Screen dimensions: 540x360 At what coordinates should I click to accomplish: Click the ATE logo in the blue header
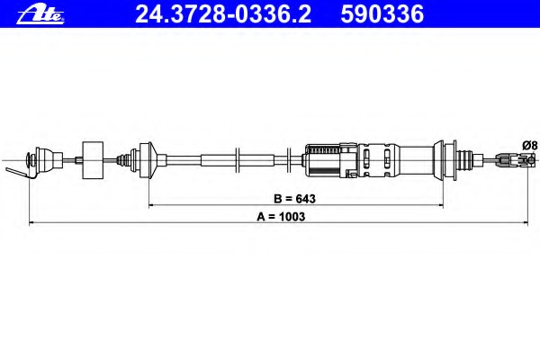click(x=40, y=15)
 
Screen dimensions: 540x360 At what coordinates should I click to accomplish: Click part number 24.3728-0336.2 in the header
click(x=223, y=14)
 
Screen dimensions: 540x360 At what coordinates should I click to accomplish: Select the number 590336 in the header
click(x=382, y=14)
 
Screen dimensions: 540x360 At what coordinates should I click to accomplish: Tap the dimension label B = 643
click(x=294, y=199)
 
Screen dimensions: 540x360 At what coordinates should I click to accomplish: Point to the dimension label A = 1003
click(x=281, y=217)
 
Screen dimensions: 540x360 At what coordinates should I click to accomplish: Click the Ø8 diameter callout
click(x=530, y=145)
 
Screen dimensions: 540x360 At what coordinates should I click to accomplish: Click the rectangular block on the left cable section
click(x=93, y=160)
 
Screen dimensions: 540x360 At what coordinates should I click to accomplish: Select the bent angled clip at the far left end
click(x=21, y=172)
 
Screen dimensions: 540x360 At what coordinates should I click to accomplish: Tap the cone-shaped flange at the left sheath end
click(x=149, y=160)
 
